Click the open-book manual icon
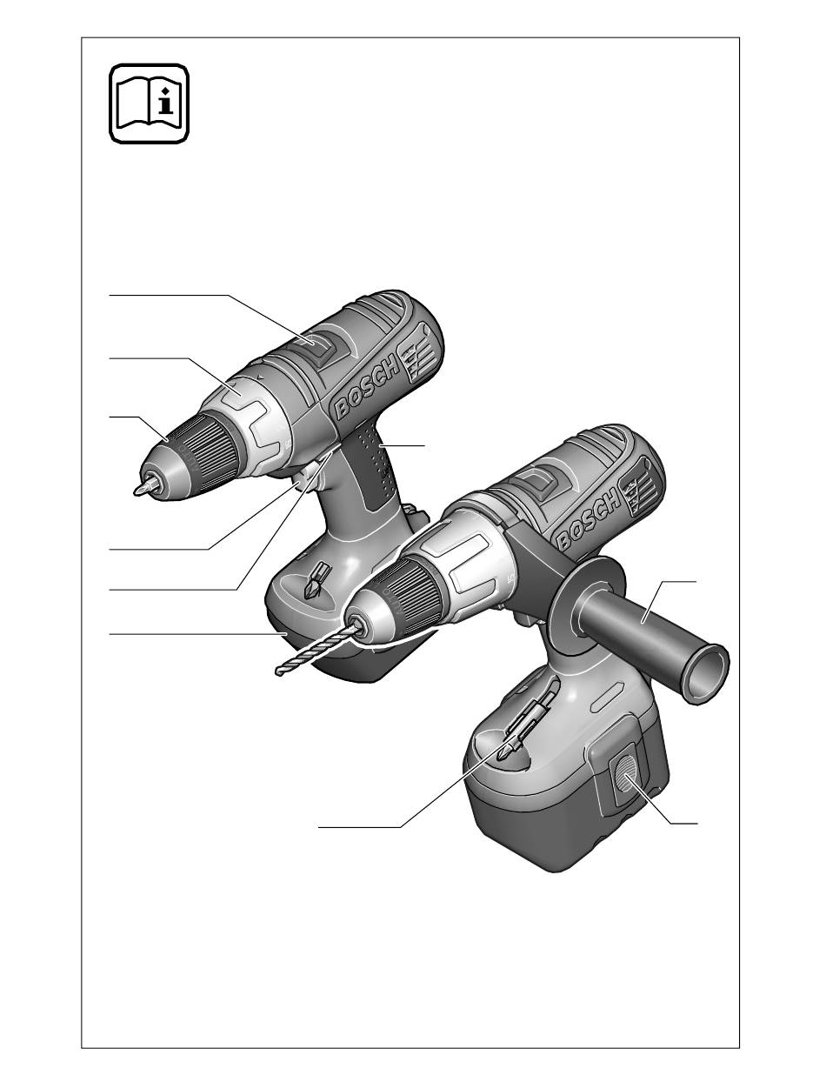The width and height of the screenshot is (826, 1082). [149, 104]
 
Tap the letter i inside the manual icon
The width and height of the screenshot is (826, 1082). [167, 103]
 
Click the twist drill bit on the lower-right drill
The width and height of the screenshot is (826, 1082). [316, 648]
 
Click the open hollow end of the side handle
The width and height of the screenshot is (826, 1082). [707, 674]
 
